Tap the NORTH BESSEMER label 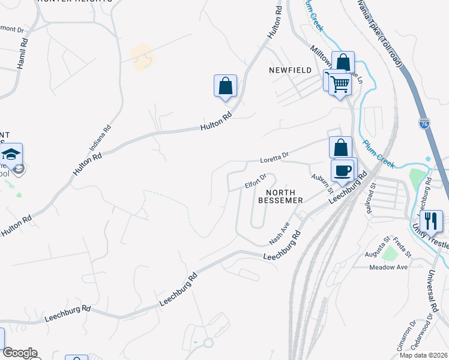[280, 196]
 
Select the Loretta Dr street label [274, 158]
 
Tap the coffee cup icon [343, 170]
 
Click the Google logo [19, 353]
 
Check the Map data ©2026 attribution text [424, 355]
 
